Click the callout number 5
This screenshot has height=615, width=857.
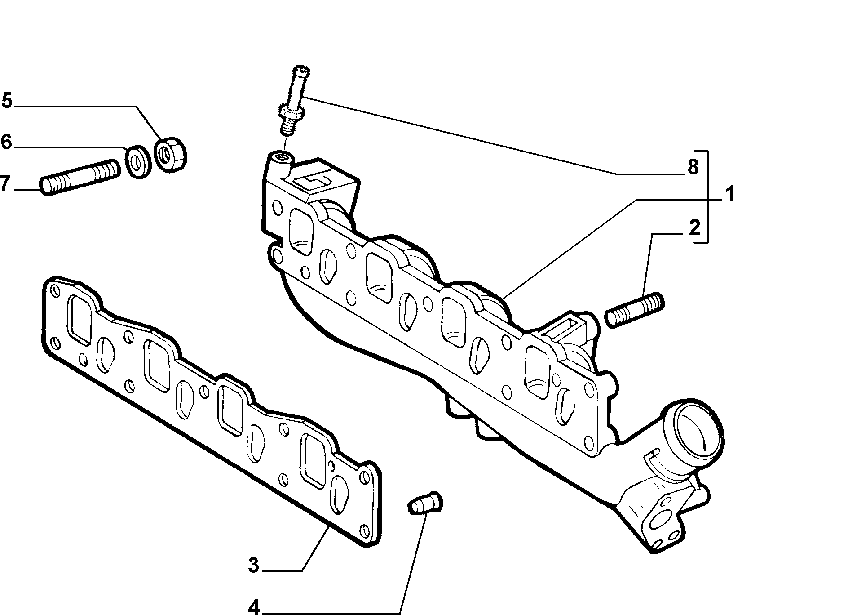pos(8,101)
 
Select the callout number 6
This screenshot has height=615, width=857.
pos(7,142)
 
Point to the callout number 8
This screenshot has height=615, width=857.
pos(693,167)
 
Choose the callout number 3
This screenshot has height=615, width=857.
pos(254,565)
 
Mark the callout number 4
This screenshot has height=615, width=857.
pos(254,608)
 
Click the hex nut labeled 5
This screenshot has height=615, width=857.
pos(171,153)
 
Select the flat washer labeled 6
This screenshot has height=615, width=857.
pos(137,161)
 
